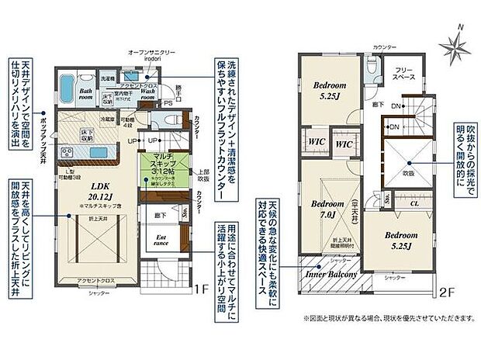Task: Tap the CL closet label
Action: (x=414, y=204)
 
